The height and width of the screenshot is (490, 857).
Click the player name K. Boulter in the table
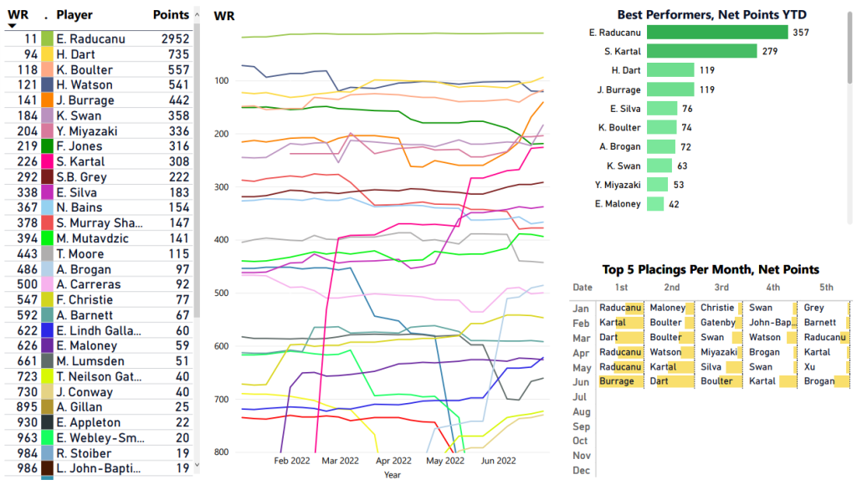[x=85, y=69]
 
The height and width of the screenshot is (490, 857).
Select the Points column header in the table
[x=171, y=15]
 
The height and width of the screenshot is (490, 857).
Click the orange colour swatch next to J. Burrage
[x=48, y=100]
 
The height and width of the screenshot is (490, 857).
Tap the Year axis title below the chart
[x=393, y=474]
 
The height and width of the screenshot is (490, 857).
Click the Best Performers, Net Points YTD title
[x=711, y=14]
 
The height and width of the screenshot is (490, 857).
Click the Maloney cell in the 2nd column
[x=667, y=308]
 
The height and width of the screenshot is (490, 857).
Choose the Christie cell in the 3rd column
[x=717, y=308]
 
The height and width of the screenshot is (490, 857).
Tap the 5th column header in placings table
[x=826, y=288]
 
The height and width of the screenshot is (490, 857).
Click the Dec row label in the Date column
[x=581, y=471]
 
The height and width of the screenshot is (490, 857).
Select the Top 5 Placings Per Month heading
[x=710, y=269]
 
